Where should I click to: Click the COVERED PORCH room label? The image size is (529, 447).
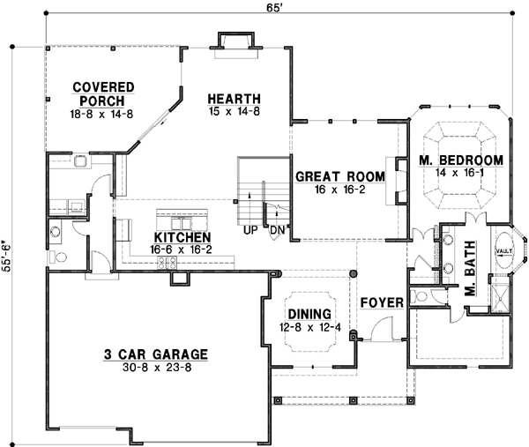[103, 87]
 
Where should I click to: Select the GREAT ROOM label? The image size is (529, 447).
[339, 176]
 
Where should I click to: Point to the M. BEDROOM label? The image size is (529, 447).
[460, 160]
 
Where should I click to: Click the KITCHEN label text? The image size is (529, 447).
[183, 238]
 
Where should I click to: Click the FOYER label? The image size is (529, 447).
[381, 302]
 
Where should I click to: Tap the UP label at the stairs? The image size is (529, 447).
[251, 230]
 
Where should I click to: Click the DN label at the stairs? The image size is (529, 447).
[276, 230]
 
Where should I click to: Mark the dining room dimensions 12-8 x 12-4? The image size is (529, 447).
[309, 328]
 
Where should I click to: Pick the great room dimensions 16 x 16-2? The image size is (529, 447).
[339, 190]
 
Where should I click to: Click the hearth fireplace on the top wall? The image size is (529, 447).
[234, 41]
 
